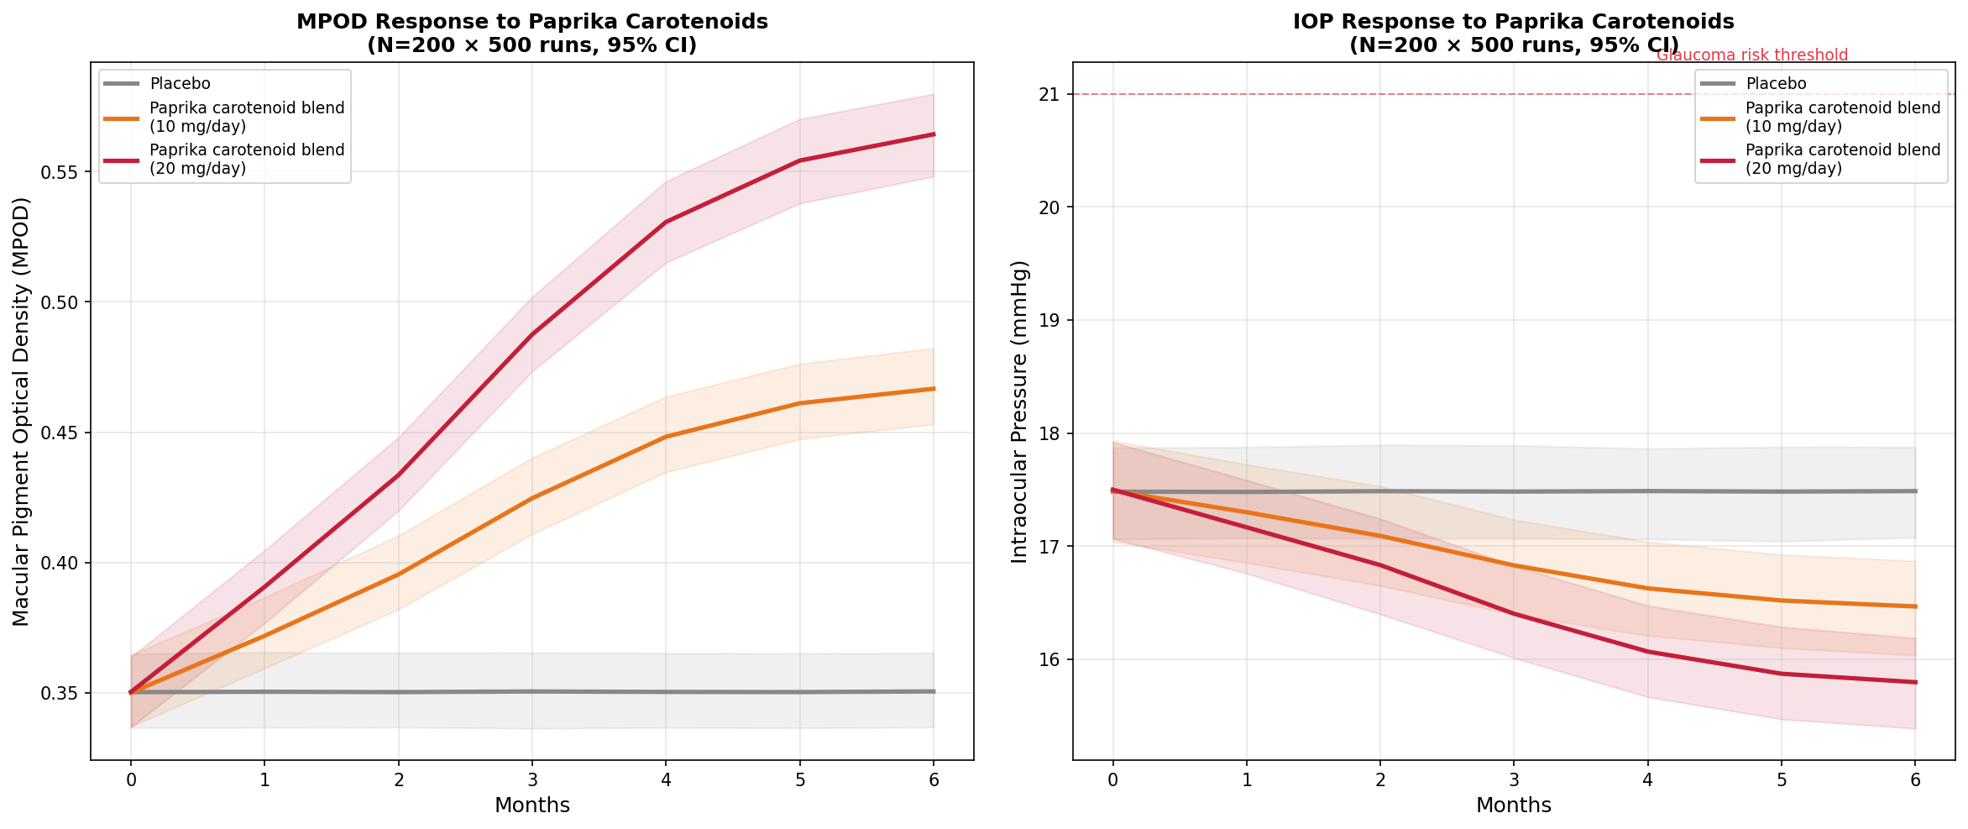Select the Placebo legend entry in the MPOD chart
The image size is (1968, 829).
point(180,84)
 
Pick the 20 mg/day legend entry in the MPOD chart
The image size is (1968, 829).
point(247,159)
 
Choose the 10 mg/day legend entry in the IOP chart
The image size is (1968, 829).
point(1842,117)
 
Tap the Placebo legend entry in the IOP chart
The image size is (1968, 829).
point(1775,84)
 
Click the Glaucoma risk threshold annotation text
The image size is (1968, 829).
point(1751,55)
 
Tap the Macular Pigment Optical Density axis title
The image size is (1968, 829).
point(22,412)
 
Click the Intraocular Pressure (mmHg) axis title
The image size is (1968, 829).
point(1019,412)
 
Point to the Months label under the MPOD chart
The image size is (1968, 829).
point(531,805)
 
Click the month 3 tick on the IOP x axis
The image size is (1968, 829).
point(1514,779)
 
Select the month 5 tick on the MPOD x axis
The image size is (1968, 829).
point(799,779)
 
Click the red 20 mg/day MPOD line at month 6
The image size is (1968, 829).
point(933,134)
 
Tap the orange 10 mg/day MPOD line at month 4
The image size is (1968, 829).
point(666,437)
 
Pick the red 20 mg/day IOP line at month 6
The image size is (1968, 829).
point(1914,682)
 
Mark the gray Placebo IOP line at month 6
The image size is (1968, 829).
point(1914,491)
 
